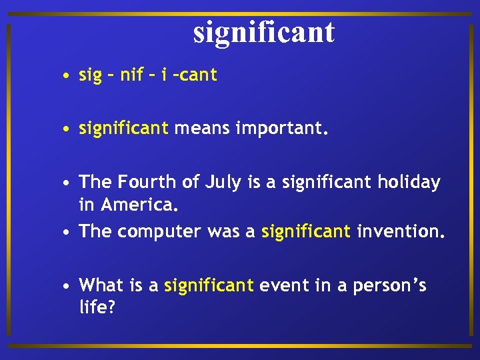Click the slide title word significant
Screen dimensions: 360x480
[x=264, y=32]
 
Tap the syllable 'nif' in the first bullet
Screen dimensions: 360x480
[x=132, y=75]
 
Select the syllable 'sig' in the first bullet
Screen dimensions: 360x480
[x=90, y=75]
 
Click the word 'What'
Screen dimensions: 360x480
[x=101, y=285]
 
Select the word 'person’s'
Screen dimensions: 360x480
[x=390, y=285]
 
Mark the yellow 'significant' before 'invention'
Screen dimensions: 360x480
[x=306, y=232]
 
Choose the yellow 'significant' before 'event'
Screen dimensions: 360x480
[x=209, y=285]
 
